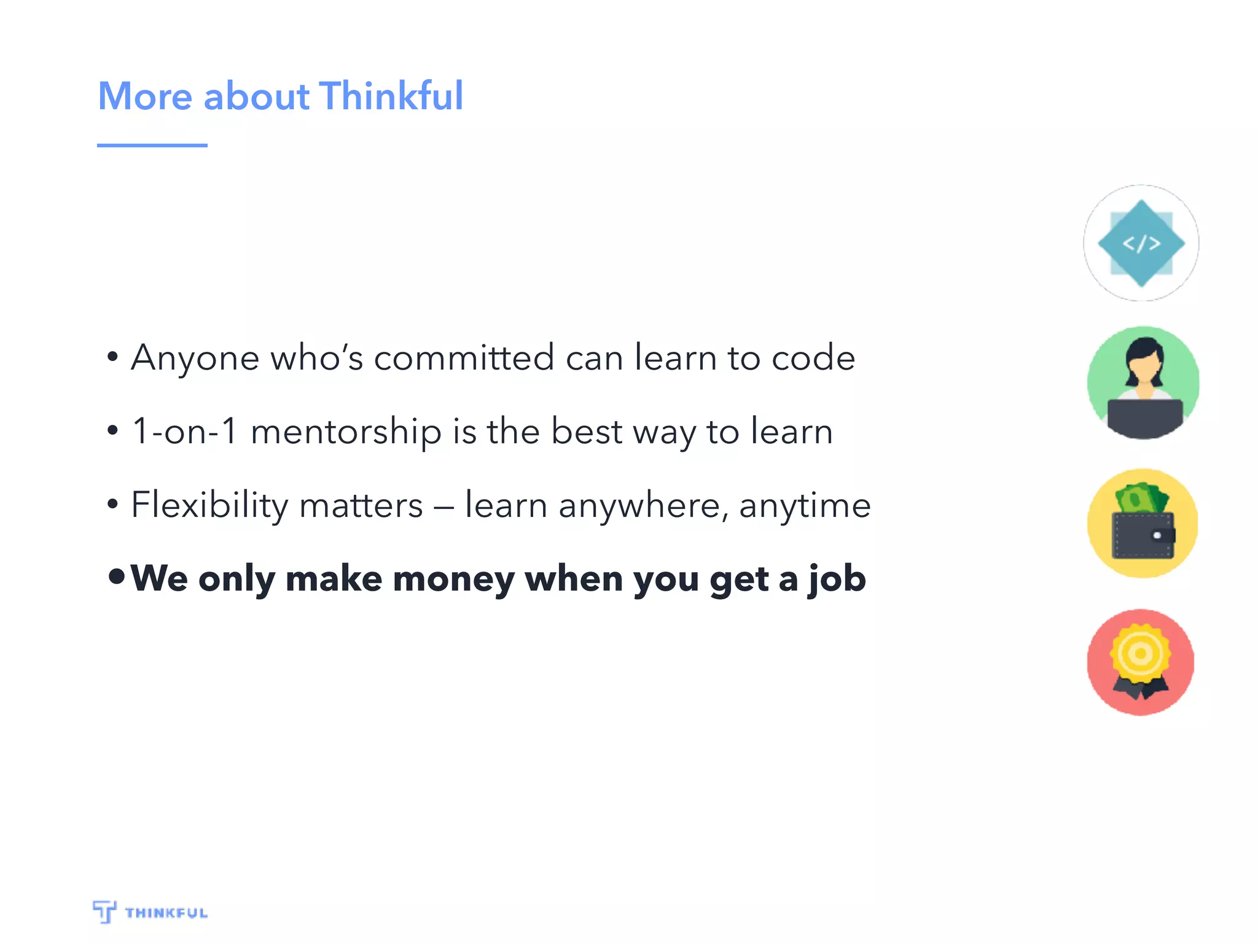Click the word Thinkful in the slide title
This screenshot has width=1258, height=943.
point(391,96)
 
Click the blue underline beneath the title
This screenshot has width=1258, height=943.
point(152,146)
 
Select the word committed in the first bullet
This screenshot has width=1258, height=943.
point(464,358)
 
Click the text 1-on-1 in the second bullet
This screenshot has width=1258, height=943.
point(185,431)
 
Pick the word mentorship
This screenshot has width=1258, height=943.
point(346,432)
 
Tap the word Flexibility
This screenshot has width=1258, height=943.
point(209,505)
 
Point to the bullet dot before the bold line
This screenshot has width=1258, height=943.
point(116,576)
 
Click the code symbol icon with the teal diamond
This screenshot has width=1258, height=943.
point(1141,243)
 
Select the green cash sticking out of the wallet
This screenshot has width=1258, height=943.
point(1141,498)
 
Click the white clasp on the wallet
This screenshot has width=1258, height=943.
point(1157,536)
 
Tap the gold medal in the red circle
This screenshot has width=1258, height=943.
point(1140,654)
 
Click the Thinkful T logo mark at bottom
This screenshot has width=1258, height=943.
point(104,911)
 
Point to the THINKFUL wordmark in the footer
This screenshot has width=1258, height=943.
point(166,913)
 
